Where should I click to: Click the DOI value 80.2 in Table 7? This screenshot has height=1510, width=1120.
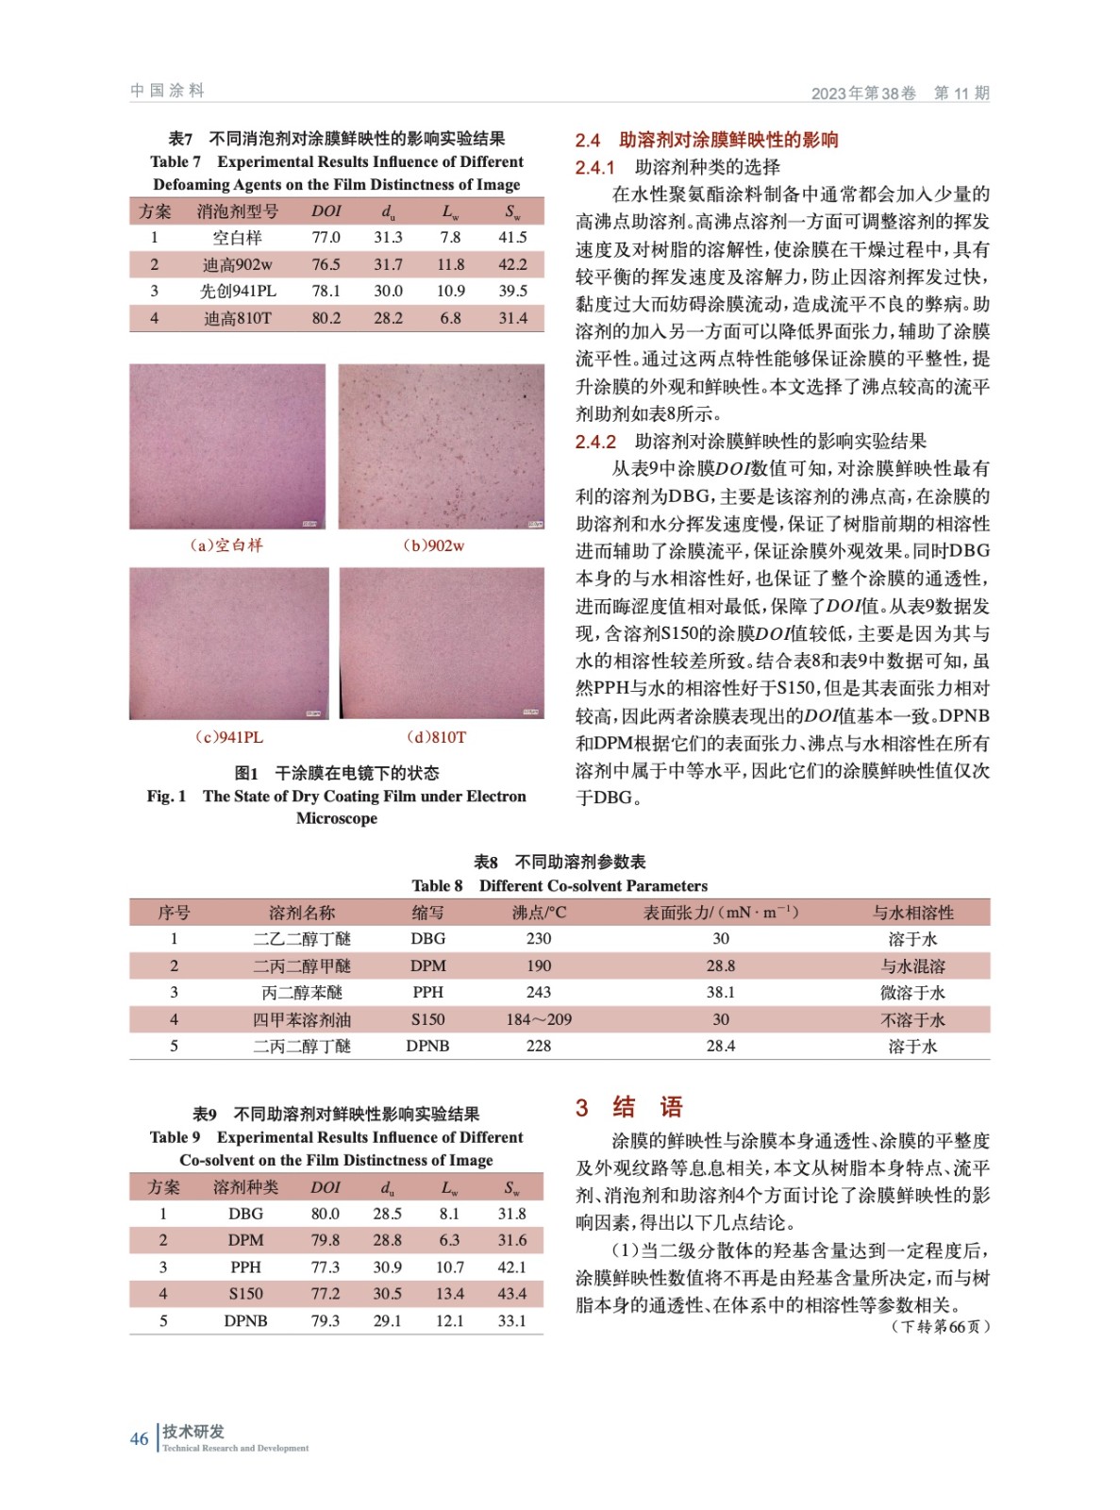point(326,318)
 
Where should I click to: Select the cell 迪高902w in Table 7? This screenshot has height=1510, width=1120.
point(237,264)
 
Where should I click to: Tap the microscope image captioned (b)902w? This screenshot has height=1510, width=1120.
point(441,446)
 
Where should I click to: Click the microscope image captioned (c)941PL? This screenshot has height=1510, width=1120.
point(228,643)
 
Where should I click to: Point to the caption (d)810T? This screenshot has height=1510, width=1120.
point(436,737)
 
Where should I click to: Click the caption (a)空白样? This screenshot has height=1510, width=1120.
point(226,545)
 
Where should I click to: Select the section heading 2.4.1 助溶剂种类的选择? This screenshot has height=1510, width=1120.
point(677,167)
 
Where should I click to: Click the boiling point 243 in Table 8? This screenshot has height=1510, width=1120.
point(538,992)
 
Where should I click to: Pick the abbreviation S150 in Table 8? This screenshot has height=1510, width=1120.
point(427,1019)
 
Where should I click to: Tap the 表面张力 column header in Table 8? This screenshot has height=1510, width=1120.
point(720,912)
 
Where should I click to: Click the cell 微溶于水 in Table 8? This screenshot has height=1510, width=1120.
point(911,992)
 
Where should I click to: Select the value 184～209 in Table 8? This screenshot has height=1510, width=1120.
point(538,1019)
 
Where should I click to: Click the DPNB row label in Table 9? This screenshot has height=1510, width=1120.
point(245,1320)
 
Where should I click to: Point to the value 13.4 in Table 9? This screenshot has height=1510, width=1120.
point(449,1293)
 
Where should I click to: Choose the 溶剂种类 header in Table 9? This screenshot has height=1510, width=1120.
point(245,1186)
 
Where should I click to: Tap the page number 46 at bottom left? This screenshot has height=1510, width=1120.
point(139,1438)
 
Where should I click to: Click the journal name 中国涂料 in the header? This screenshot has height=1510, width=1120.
point(167,91)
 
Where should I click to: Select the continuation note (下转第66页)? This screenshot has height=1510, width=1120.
point(940,1326)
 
